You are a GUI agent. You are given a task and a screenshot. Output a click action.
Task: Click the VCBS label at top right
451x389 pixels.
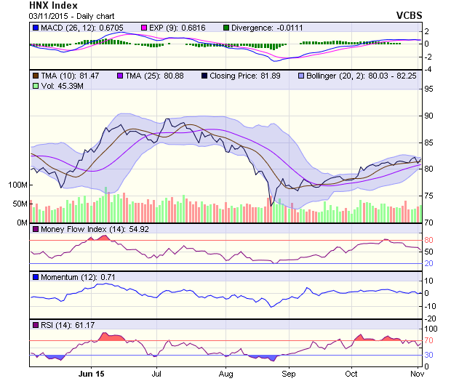pos(410,15)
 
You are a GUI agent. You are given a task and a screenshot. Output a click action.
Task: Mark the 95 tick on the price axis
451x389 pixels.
pos(429,89)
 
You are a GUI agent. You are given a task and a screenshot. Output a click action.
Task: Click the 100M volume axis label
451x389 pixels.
pos(17,185)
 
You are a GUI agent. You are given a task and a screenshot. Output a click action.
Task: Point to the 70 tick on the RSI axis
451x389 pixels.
pos(429,340)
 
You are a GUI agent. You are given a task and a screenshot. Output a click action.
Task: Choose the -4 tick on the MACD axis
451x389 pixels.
pos(428,69)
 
